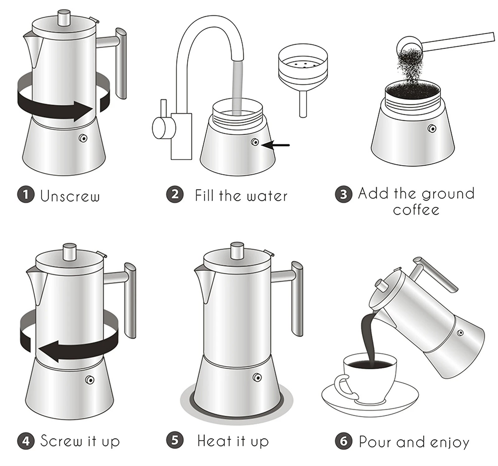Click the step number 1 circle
click(x=26, y=195)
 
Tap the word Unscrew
click(x=70, y=196)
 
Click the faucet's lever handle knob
click(x=159, y=128)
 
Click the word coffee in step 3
click(x=416, y=210)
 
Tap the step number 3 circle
click(x=343, y=194)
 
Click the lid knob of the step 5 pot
click(x=237, y=251)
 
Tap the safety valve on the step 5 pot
click(x=257, y=377)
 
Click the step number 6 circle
click(x=344, y=441)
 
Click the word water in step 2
click(x=267, y=196)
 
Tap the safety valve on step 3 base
click(x=432, y=128)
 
